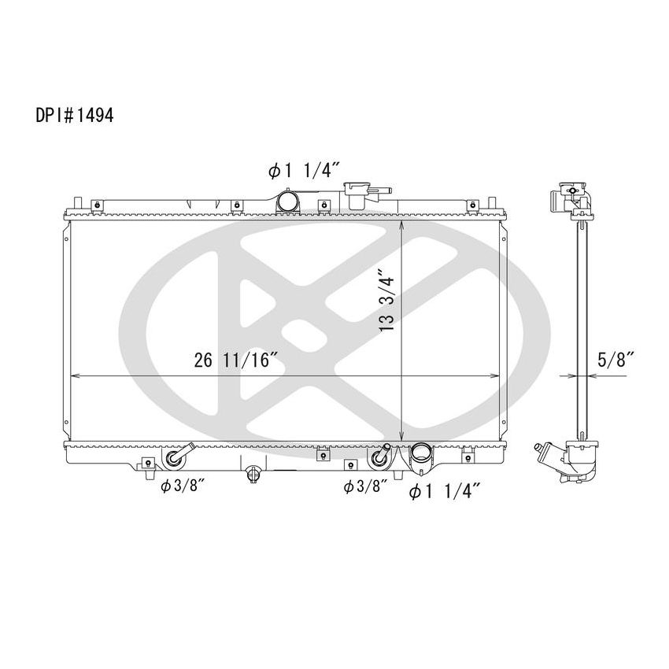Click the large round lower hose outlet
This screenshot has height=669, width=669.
click(x=422, y=456)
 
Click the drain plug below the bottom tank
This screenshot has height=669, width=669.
click(x=253, y=474)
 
